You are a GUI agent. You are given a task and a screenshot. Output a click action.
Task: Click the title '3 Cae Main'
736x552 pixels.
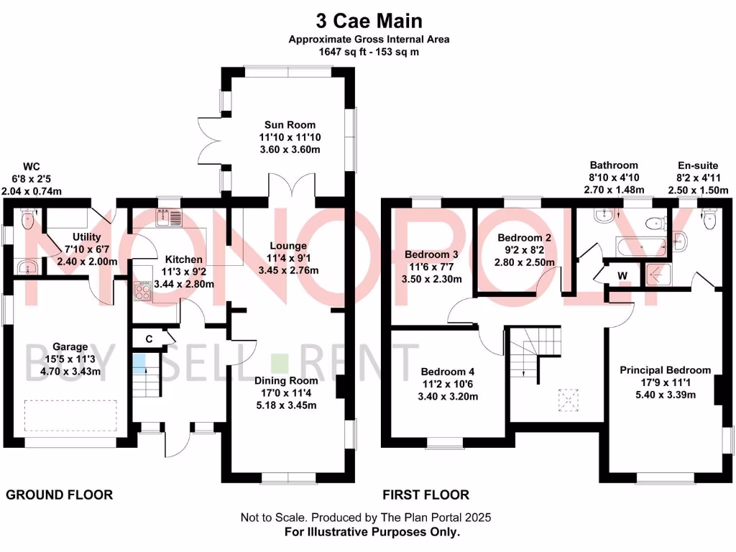tap(369, 19)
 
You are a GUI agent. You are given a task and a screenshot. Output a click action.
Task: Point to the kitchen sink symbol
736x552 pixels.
tap(171, 215)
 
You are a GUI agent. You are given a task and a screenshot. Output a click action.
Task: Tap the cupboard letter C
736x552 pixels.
tap(149, 338)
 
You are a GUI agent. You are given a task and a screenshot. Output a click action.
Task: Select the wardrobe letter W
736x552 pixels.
tap(622, 275)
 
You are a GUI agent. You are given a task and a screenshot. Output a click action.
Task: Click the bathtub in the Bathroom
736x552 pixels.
tap(640, 247)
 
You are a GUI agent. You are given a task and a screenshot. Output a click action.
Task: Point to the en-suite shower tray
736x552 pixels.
tap(656, 274)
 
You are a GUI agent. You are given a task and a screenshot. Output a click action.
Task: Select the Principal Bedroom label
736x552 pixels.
tap(666, 370)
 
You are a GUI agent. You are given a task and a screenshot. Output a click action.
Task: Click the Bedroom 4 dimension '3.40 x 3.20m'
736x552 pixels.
tap(448, 395)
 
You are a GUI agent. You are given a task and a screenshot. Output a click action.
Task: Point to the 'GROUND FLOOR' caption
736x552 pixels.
tap(60, 494)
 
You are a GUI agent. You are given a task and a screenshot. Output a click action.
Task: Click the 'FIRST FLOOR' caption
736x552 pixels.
tap(425, 494)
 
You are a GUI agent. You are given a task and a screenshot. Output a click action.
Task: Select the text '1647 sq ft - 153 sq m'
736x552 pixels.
tap(369, 52)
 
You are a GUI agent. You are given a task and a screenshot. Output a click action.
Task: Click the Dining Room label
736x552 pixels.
tap(287, 381)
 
